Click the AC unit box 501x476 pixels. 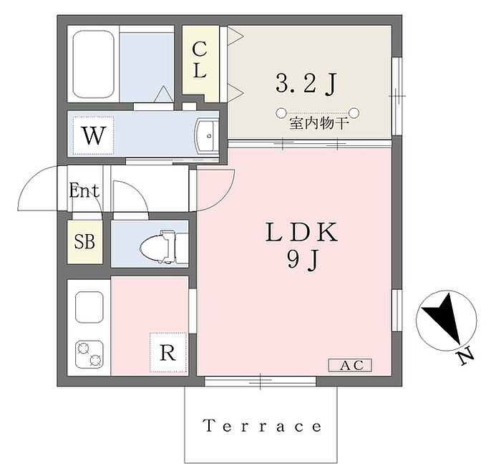pyautogui.click(x=350, y=365)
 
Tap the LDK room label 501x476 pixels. pyautogui.click(x=301, y=232)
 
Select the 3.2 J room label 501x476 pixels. pyautogui.click(x=306, y=84)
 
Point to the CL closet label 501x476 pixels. pyautogui.click(x=200, y=60)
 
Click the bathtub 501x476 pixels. pyautogui.click(x=93, y=64)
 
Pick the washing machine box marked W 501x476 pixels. pyautogui.click(x=93, y=135)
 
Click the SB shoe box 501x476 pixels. pyautogui.click(x=84, y=242)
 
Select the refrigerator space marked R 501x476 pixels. pyautogui.click(x=168, y=353)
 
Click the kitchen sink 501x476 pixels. pyautogui.click(x=89, y=307)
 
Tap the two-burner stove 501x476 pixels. pyautogui.click(x=89, y=354)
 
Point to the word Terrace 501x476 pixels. pyautogui.click(x=263, y=426)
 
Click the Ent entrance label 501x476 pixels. pyautogui.click(x=84, y=190)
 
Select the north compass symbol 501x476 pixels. pyautogui.click(x=447, y=321)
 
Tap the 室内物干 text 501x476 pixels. pyautogui.click(x=318, y=124)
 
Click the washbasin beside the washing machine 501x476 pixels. pyautogui.click(x=207, y=136)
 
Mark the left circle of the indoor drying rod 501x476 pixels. pyautogui.click(x=281, y=112)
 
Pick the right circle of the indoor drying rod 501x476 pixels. pyautogui.click(x=354, y=112)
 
